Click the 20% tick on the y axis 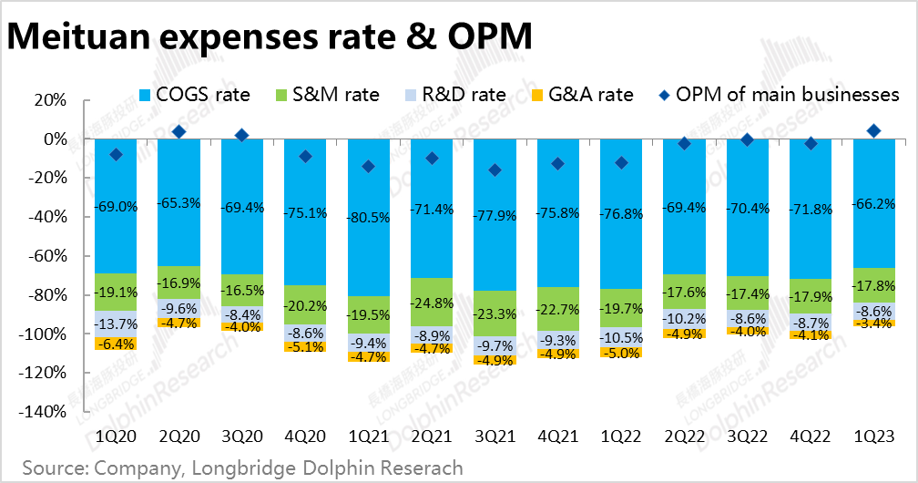click(x=49, y=100)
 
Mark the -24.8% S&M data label click(x=433, y=303)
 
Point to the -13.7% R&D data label click(x=116, y=324)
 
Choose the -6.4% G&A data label click(x=116, y=344)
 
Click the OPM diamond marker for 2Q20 click(x=179, y=132)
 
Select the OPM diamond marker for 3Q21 click(x=495, y=170)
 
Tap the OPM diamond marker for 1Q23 click(x=873, y=131)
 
